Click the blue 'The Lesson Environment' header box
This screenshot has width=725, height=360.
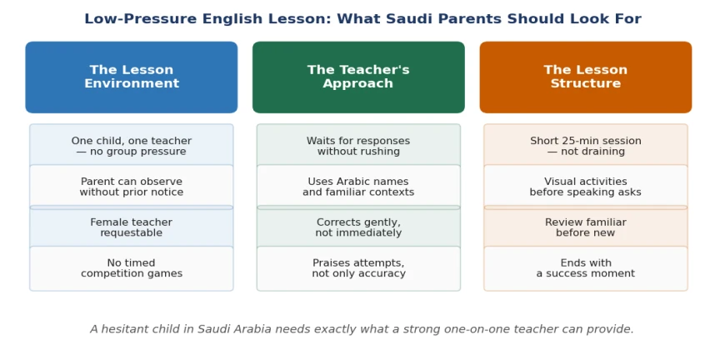point(132,77)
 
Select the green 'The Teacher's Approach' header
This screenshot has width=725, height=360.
point(358,77)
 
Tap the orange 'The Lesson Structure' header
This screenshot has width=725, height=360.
point(585,77)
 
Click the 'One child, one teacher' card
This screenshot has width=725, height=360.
point(132,146)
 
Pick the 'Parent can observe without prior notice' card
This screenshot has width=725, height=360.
point(132,187)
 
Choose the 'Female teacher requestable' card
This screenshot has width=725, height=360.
point(132,227)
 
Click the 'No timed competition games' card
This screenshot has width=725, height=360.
point(132,268)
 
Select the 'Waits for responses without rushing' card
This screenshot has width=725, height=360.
point(358,146)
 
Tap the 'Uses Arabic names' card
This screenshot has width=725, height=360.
point(358,187)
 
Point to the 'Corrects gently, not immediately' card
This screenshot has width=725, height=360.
point(358,227)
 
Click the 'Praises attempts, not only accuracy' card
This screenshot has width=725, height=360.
point(358,268)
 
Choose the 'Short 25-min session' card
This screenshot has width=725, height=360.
point(585,146)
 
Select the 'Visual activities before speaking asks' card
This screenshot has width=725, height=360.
point(585,187)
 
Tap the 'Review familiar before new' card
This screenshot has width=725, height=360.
point(585,227)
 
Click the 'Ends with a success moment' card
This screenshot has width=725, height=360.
point(585,268)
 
